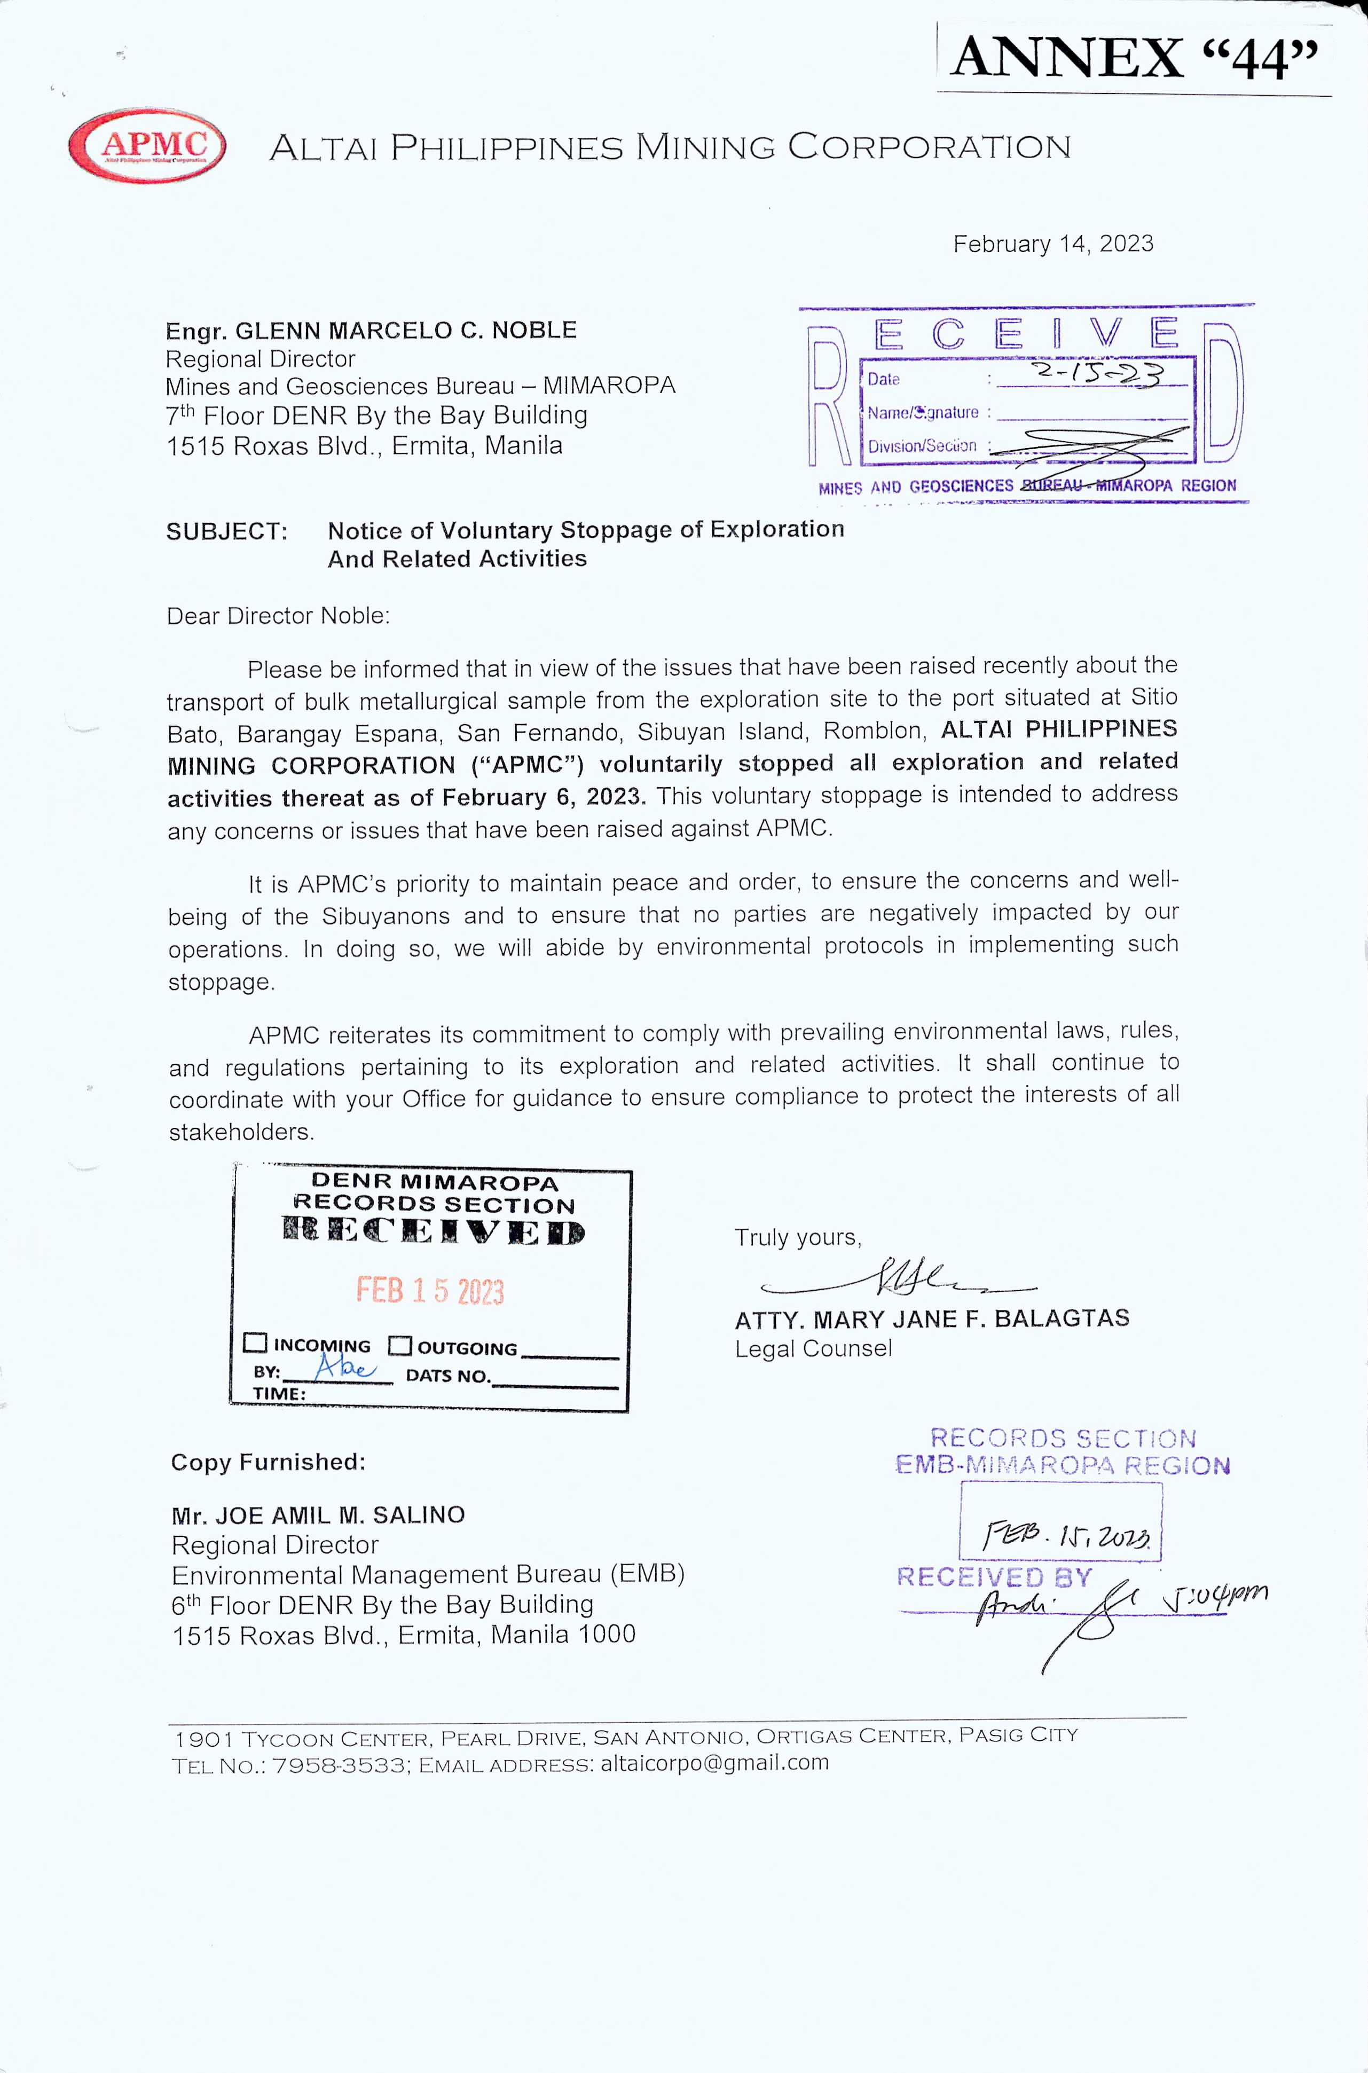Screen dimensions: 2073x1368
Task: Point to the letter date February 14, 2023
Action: pos(1052,244)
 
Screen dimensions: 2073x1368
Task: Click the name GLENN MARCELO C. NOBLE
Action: pos(406,331)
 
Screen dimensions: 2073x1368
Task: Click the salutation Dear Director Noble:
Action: pos(278,616)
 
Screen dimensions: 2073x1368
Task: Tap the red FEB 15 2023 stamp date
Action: pos(430,1290)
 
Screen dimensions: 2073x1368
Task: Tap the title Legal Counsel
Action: pos(813,1349)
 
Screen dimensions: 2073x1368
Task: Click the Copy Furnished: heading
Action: pos(268,1462)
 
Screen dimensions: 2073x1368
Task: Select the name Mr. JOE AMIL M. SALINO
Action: pos(318,1516)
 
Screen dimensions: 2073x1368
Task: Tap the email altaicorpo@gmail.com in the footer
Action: pos(714,1762)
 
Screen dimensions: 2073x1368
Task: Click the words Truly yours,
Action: pos(797,1237)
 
